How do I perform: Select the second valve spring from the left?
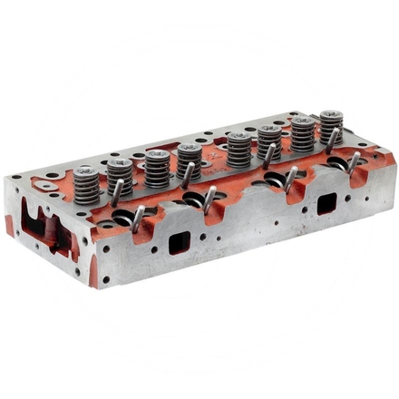[120, 173]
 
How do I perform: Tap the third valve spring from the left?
[156, 166]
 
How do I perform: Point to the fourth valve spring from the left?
[189, 158]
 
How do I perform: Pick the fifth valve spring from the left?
[238, 149]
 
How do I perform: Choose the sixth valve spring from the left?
[268, 141]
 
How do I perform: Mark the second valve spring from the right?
[302, 131]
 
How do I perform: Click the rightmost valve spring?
[331, 125]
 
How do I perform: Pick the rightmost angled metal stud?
[355, 162]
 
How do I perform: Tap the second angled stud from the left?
[138, 218]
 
